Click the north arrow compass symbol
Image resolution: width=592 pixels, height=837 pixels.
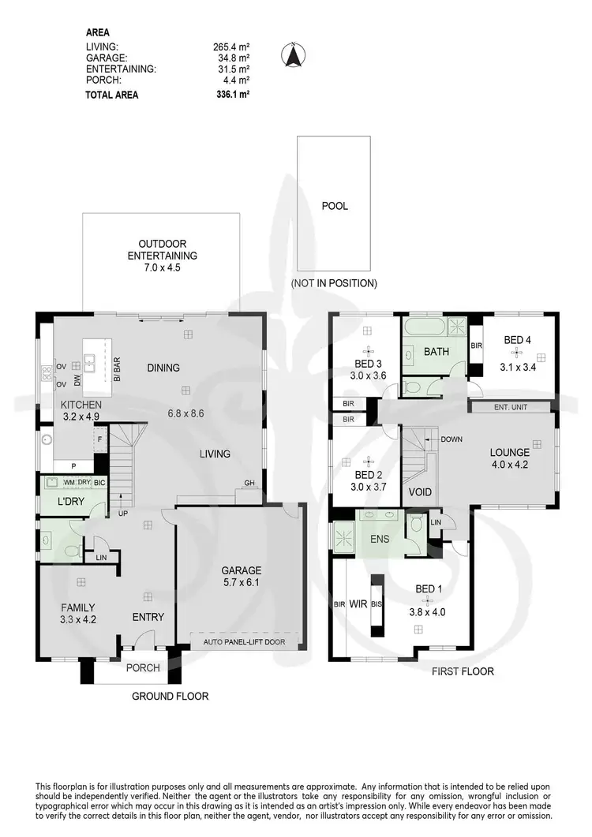pyautogui.click(x=294, y=55)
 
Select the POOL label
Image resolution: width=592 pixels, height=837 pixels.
pyautogui.click(x=334, y=207)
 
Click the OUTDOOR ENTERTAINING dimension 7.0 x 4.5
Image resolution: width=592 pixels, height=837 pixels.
pyautogui.click(x=162, y=268)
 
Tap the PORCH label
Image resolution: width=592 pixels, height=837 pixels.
pyautogui.click(x=143, y=668)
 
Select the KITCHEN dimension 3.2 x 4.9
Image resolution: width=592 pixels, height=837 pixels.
pyautogui.click(x=81, y=417)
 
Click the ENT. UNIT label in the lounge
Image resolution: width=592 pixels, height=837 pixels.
pyautogui.click(x=510, y=407)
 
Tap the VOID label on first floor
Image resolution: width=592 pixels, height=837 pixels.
pyautogui.click(x=420, y=492)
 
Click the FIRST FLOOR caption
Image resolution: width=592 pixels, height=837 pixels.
pyautogui.click(x=463, y=672)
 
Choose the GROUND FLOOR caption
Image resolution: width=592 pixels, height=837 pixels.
pyautogui.click(x=169, y=696)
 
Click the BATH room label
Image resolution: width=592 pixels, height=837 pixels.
pyautogui.click(x=437, y=352)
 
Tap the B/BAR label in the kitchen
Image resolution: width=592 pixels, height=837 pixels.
pyautogui.click(x=116, y=368)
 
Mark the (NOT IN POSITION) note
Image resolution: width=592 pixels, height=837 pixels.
pyautogui.click(x=334, y=282)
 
